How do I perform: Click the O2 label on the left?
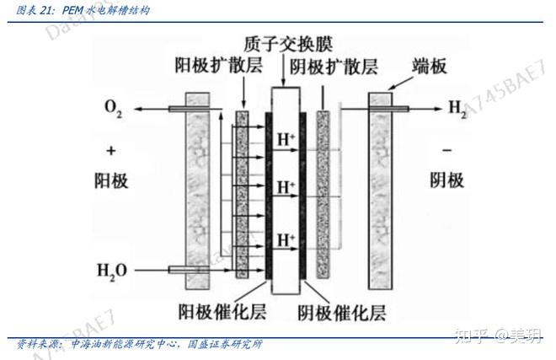coord(113,108)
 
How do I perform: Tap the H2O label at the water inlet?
coord(112,271)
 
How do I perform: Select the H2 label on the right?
coord(457,108)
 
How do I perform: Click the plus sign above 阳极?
coord(111,151)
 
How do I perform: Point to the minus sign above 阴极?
coord(446,151)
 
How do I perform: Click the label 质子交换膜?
coord(288,44)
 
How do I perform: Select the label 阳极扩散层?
coord(218,65)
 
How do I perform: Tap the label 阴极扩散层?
coord(334,67)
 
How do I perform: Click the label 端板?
coord(429,67)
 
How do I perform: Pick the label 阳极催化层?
coord(222,312)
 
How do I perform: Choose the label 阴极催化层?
coord(341,313)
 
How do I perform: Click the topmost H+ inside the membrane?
coord(286,139)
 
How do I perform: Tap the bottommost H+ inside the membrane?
coord(286,240)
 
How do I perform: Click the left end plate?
coord(197,191)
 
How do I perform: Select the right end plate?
coord(381,191)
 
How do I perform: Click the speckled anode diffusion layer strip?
coord(242,195)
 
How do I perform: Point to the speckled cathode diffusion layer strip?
coord(323,195)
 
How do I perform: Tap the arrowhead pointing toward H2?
coord(438,109)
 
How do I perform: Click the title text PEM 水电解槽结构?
coord(106,10)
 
